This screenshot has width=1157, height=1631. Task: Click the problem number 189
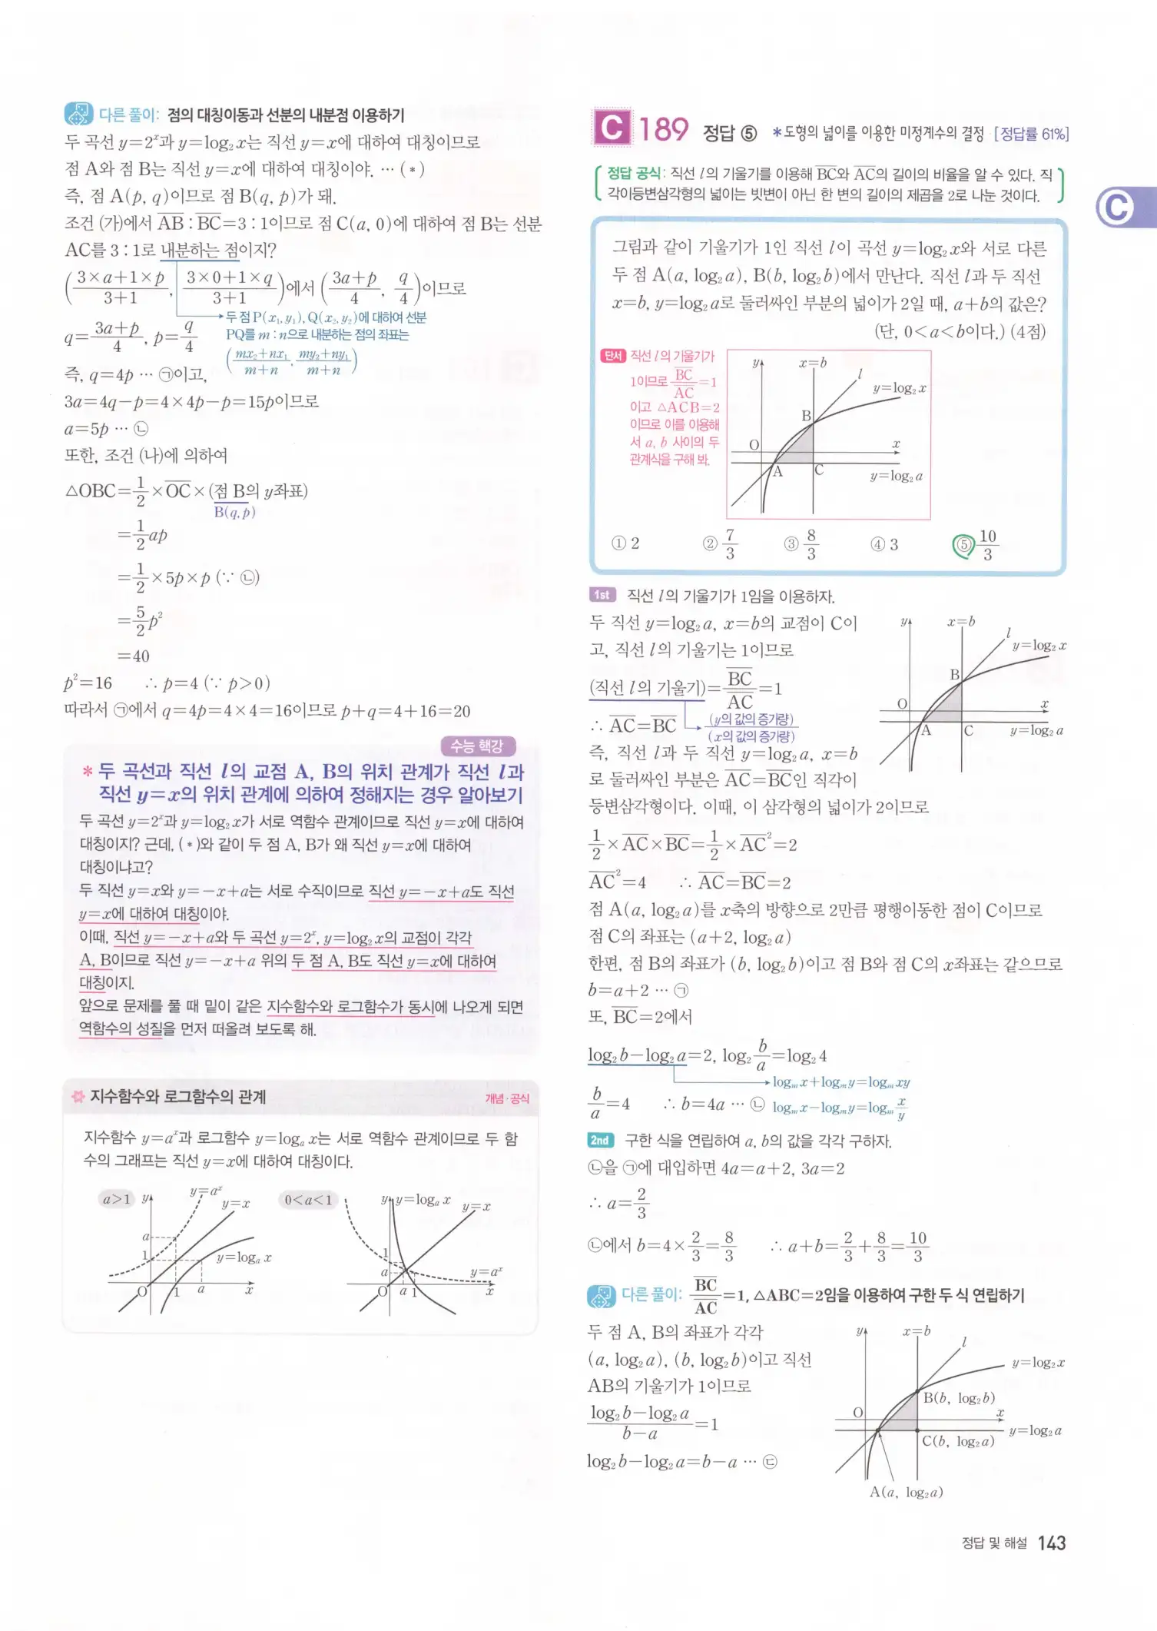click(664, 129)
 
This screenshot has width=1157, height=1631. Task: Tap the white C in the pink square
click(612, 128)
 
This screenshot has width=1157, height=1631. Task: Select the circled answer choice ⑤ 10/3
click(976, 545)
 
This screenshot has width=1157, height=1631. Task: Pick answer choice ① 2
click(625, 543)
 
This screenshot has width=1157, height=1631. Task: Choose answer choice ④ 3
click(883, 545)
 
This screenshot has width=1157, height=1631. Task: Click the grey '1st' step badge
click(602, 595)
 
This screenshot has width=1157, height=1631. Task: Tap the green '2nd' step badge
click(600, 1141)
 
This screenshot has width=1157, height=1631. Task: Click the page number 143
click(1051, 1543)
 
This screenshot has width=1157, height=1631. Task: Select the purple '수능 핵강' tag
click(476, 746)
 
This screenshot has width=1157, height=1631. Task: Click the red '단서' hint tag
click(612, 356)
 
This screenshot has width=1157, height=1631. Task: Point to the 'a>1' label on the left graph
click(117, 1199)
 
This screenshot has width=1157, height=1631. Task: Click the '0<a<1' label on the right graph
click(308, 1200)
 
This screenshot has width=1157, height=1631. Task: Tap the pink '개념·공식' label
click(507, 1098)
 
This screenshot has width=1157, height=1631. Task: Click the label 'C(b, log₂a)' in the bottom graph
click(958, 1441)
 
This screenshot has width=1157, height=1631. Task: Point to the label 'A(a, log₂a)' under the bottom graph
click(906, 1492)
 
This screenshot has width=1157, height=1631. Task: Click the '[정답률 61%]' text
click(1031, 134)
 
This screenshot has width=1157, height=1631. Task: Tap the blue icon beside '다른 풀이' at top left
click(78, 115)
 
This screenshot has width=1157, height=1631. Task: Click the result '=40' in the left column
click(134, 656)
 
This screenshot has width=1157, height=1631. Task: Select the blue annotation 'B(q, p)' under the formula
click(234, 512)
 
